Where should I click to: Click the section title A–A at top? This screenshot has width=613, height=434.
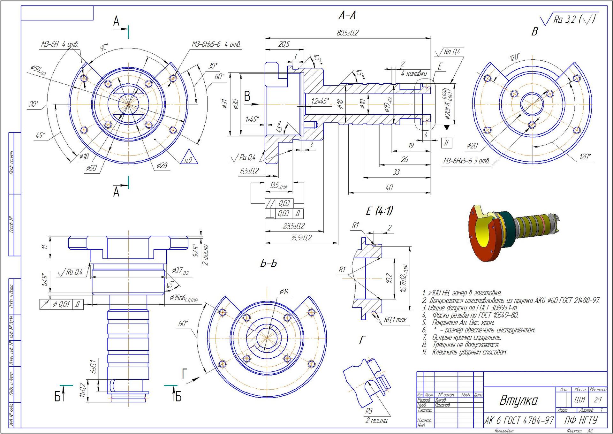click(x=347, y=15)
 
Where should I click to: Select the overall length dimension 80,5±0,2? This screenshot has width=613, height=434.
click(x=347, y=33)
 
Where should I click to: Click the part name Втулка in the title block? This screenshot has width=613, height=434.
click(x=518, y=400)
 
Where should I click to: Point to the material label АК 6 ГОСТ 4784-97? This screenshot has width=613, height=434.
click(x=519, y=421)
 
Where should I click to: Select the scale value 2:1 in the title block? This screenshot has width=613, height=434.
click(x=598, y=400)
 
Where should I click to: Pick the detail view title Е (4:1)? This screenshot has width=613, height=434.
click(x=379, y=211)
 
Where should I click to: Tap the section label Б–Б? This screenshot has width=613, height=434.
click(x=269, y=263)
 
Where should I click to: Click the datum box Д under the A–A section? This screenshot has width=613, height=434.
click(x=446, y=143)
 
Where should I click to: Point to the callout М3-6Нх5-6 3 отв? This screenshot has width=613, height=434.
click(x=466, y=161)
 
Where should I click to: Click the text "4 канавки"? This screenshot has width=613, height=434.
click(x=414, y=74)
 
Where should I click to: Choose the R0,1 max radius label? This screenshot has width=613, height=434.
click(x=395, y=320)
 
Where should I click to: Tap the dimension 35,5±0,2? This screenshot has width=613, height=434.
click(x=301, y=238)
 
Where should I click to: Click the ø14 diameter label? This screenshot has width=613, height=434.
click(x=284, y=292)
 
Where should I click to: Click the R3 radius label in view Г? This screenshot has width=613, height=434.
click(x=369, y=411)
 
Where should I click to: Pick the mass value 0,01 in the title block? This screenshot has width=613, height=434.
click(x=580, y=400)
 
